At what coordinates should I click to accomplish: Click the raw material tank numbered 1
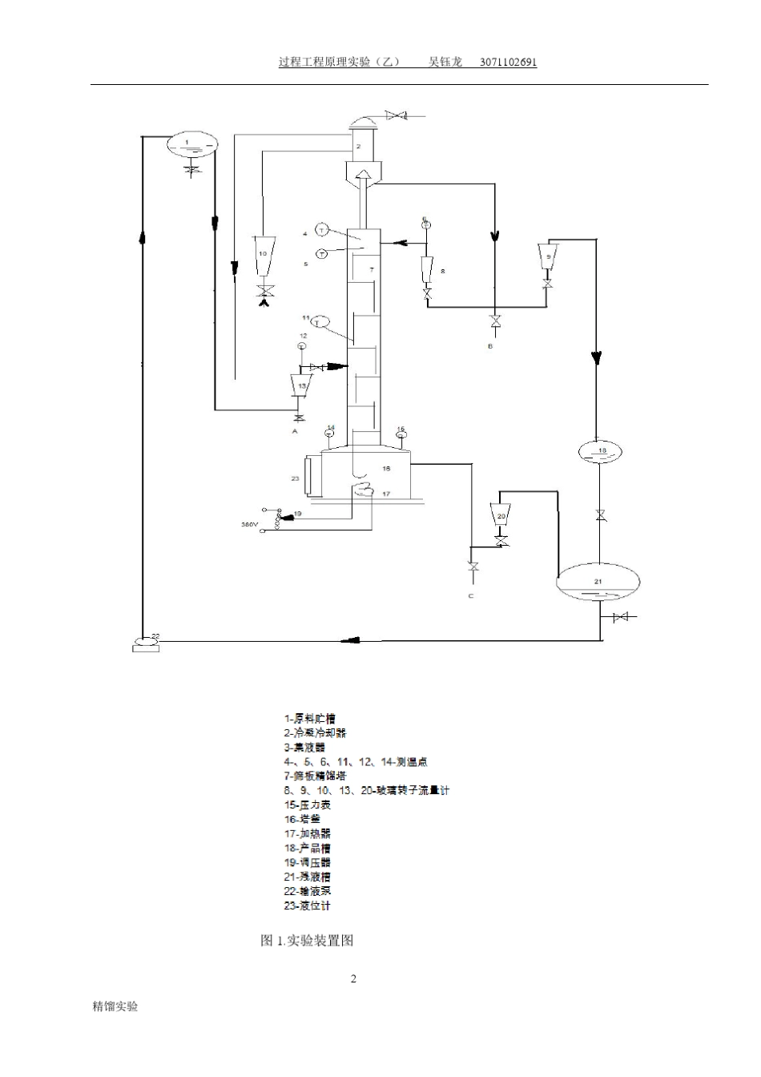coord(191,144)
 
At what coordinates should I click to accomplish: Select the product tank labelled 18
coord(601,451)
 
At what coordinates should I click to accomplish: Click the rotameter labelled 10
coord(263,256)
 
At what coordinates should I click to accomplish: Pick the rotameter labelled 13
coord(302,386)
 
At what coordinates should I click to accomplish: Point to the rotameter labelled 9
coord(548,257)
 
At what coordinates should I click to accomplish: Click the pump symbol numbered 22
coord(146,643)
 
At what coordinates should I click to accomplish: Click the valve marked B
coord(496,322)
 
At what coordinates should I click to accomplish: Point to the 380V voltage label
coord(250,525)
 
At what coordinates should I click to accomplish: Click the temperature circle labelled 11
coord(320,322)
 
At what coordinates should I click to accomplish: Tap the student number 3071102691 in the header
coord(508,63)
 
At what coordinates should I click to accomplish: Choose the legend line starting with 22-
coord(308,891)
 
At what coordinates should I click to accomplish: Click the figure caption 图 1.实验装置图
coord(307,941)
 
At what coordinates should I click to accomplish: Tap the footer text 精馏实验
coord(116,1006)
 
